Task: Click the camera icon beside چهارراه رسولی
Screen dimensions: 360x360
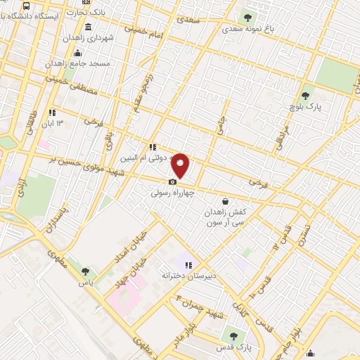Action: (173, 181)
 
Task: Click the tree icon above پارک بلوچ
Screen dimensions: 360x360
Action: (305, 96)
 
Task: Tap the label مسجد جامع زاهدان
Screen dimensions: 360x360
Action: (78, 63)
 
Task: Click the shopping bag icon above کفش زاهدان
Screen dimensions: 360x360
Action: (224, 201)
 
